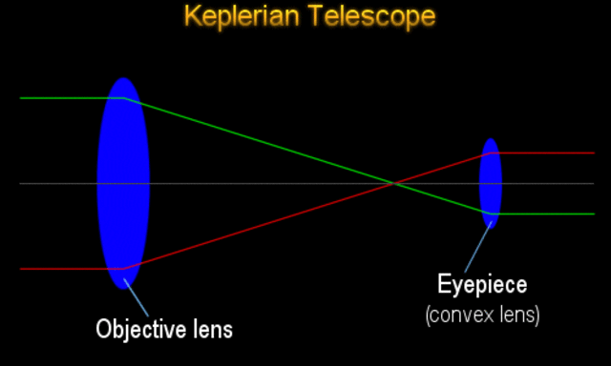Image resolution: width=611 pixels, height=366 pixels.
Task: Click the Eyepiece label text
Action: [x=482, y=284]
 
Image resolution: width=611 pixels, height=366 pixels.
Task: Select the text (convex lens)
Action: [x=482, y=314]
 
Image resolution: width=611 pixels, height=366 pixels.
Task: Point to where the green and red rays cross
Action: [x=394, y=183]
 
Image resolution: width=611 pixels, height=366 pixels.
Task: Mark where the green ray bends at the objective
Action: [x=125, y=98]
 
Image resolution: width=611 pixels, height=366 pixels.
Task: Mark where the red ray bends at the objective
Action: [x=125, y=269]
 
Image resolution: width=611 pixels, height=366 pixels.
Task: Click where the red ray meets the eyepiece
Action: [x=490, y=152]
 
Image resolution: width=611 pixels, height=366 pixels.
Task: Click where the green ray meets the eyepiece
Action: [x=490, y=213]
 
